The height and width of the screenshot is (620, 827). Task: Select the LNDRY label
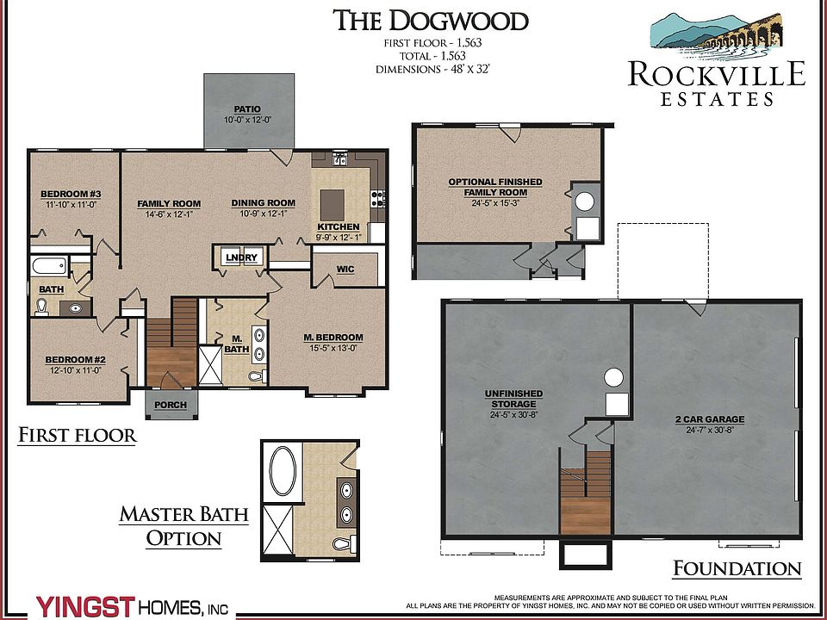point(240,258)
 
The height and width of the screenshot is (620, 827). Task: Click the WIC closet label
point(345,270)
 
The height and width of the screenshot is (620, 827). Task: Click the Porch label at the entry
point(171,405)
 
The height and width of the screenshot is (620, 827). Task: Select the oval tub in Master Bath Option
point(282,470)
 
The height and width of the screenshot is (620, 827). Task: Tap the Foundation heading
point(737,568)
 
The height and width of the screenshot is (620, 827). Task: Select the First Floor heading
point(78,436)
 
